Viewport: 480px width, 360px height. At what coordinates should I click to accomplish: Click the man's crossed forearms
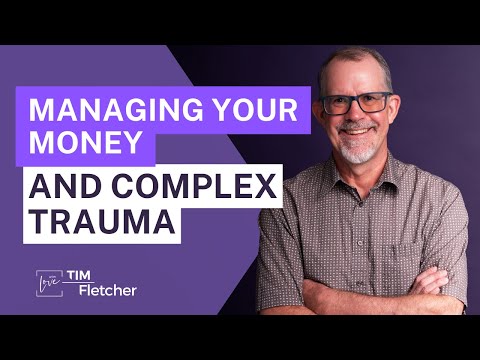[x=370, y=300]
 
